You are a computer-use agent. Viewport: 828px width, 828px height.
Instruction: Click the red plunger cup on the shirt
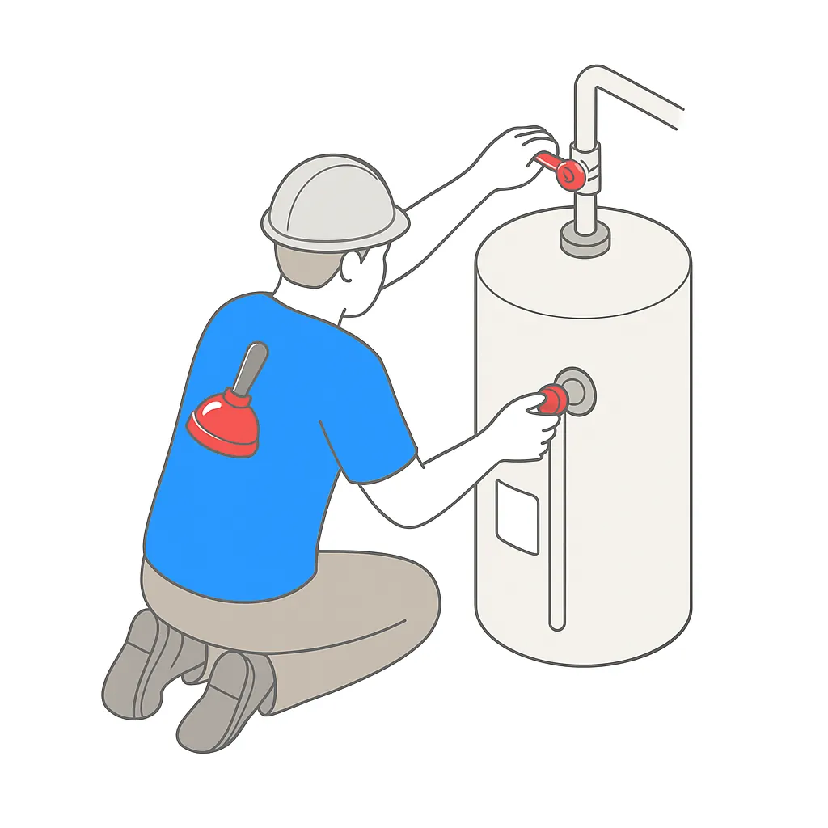click(224, 420)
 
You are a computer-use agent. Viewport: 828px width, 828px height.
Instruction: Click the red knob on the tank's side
click(551, 398)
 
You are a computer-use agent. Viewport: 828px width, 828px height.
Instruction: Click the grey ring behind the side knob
click(579, 388)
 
